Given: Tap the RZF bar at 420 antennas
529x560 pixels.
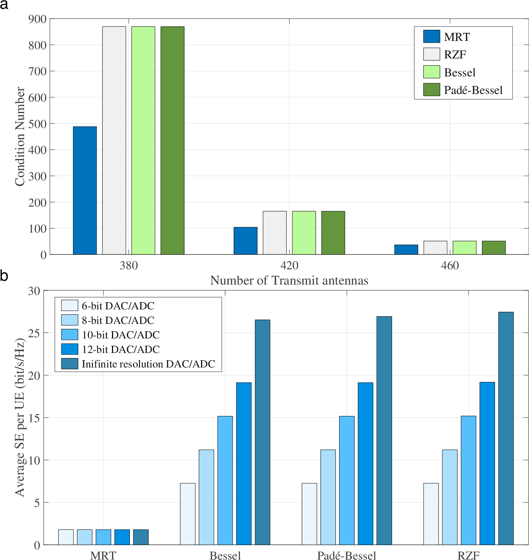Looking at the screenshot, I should click(274, 233).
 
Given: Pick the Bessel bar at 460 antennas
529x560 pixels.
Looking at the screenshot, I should click(464, 248).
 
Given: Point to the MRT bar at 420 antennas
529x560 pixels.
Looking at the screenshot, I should click(245, 241).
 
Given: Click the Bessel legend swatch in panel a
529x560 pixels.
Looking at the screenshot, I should click(432, 72).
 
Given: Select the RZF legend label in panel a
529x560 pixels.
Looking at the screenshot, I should click(455, 55).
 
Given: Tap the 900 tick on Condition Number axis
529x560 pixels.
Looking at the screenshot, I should click(37, 19).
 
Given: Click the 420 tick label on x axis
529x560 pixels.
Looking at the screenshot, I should click(289, 265).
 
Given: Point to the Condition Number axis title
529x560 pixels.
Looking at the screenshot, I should click(20, 136).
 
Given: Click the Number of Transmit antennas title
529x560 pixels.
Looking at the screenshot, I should click(289, 280).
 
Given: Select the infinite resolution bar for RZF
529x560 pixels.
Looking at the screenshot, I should click(506, 428).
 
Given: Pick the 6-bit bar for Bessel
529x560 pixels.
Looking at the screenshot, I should click(188, 514).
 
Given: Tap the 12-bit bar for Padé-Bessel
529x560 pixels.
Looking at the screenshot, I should click(365, 463).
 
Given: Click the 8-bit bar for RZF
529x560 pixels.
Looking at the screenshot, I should click(449, 497).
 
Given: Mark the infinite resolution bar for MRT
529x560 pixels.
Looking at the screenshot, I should click(141, 537).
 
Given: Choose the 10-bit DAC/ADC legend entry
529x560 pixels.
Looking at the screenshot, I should click(120, 335).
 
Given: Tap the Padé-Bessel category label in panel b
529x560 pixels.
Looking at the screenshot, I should click(346, 555).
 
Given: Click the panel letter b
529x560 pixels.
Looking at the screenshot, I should click(4, 276).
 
